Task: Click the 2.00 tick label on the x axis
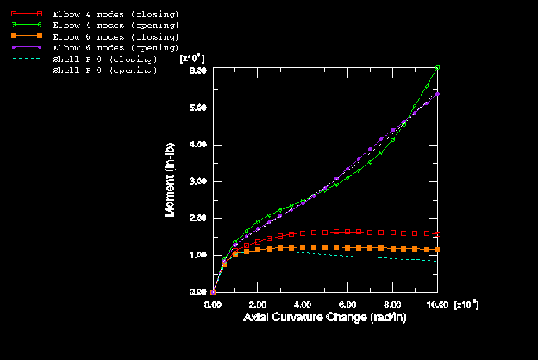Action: point(258,305)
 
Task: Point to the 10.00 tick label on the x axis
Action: point(437,305)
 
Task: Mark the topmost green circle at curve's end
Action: point(437,68)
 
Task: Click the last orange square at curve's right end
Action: point(437,249)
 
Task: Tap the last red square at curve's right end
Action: point(437,233)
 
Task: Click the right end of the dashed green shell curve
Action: point(437,262)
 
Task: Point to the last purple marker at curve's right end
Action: point(437,94)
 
